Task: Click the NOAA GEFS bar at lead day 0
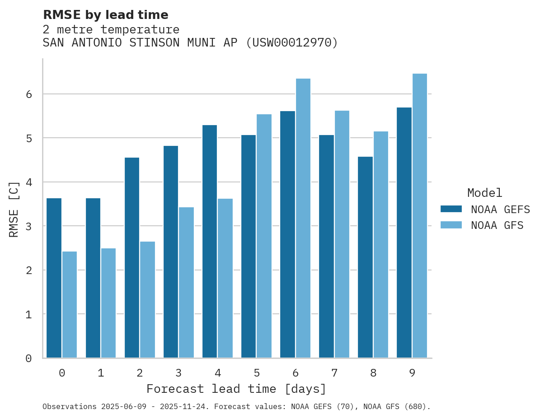tap(54, 278)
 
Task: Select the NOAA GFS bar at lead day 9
tap(420, 215)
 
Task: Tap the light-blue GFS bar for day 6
tap(303, 218)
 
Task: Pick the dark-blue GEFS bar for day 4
tap(210, 241)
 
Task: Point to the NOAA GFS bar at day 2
tap(147, 299)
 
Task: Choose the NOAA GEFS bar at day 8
tap(365, 257)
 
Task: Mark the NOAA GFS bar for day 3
tap(186, 282)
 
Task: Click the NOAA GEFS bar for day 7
tap(326, 246)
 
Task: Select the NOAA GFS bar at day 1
tap(108, 303)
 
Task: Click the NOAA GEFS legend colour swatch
tap(451, 209)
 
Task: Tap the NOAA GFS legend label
tap(497, 225)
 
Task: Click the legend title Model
tap(484, 193)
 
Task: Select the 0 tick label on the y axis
tap(28, 358)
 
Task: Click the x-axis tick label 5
tap(257, 373)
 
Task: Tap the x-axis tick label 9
tap(412, 373)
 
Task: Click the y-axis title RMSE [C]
tap(14, 209)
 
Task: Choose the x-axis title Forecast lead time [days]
tap(236, 389)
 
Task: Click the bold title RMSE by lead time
tap(105, 15)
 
